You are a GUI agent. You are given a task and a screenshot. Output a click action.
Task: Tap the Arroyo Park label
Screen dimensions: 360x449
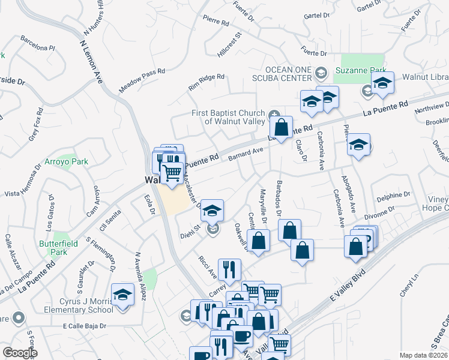(66, 161)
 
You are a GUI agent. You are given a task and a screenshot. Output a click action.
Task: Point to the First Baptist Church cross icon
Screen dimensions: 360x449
(275, 114)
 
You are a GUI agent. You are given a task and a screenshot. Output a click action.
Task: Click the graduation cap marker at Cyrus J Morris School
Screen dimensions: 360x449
(122, 295)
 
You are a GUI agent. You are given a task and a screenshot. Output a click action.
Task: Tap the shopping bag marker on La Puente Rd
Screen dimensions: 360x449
(280, 127)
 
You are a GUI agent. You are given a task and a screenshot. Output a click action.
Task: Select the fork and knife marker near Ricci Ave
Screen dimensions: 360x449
(229, 271)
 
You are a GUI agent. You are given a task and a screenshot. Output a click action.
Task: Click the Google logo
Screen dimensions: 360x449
(20, 352)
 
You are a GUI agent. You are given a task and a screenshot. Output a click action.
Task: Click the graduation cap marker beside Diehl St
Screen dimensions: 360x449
(212, 211)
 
